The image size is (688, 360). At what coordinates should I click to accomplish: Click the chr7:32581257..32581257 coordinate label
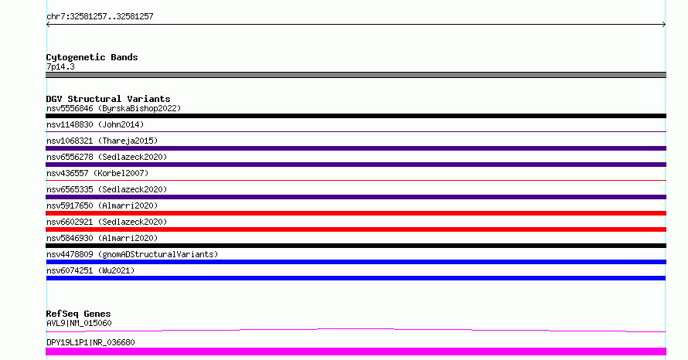click(x=100, y=17)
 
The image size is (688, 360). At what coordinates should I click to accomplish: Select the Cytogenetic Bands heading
click(x=92, y=57)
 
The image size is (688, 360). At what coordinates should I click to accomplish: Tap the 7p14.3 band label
click(x=60, y=66)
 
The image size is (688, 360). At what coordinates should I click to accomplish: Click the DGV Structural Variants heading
click(x=108, y=99)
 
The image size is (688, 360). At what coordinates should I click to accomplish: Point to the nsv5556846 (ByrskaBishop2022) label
click(x=114, y=108)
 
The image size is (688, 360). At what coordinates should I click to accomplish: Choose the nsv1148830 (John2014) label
click(x=95, y=124)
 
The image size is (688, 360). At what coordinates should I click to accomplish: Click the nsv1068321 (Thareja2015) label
click(x=102, y=141)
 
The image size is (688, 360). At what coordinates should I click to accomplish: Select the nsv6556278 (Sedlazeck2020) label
click(x=107, y=157)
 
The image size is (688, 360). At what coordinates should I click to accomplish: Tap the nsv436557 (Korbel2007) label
click(x=97, y=173)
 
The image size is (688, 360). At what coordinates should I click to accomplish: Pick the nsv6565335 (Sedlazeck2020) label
click(x=107, y=189)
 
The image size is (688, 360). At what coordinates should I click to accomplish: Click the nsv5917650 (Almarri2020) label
click(x=102, y=205)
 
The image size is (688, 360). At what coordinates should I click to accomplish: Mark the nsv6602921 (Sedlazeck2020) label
click(x=107, y=222)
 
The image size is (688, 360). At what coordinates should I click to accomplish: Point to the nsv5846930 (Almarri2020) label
click(x=102, y=238)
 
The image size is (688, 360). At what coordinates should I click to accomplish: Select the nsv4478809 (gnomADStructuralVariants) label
click(x=132, y=254)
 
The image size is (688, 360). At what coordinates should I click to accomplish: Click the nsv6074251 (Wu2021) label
click(x=90, y=270)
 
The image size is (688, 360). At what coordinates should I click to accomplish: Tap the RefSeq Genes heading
click(x=79, y=314)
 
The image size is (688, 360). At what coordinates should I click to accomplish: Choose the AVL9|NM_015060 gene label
click(x=79, y=323)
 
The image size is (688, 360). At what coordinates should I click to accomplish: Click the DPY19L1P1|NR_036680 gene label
click(x=90, y=342)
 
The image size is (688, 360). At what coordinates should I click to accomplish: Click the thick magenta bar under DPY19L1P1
click(x=356, y=352)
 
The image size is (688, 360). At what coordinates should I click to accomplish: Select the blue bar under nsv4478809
click(x=356, y=262)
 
